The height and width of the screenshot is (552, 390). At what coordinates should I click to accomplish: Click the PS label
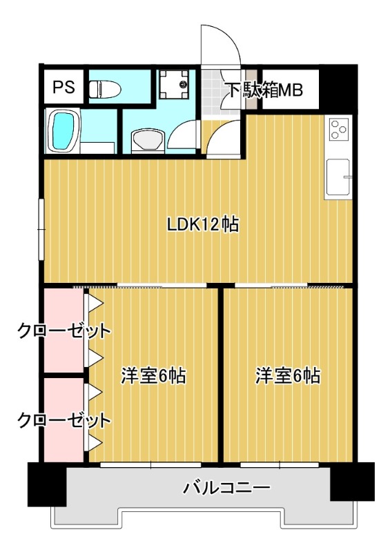click(x=64, y=88)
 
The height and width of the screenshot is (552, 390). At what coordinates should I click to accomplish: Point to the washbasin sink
click(x=146, y=139)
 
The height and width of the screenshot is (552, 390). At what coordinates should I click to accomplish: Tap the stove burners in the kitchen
click(x=339, y=129)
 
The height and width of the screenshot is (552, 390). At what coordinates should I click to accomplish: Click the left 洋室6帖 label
click(x=153, y=376)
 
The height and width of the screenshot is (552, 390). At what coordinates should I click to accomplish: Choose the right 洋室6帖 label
click(x=288, y=376)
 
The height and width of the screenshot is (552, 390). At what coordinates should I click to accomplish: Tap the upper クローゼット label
click(x=64, y=331)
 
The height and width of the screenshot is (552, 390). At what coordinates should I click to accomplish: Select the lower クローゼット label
click(x=64, y=420)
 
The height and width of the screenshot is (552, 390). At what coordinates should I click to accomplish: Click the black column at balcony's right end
click(x=351, y=482)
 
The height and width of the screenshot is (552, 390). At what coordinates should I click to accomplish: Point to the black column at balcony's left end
click(x=46, y=484)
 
